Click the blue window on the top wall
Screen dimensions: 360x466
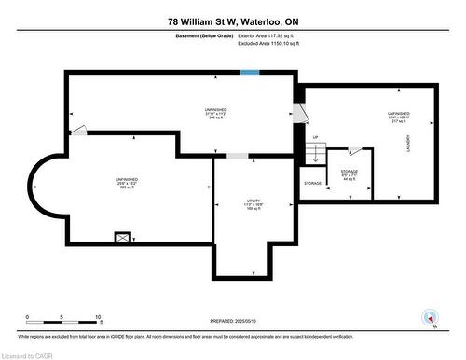(x=250, y=72)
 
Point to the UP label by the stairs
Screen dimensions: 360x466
(x=315, y=137)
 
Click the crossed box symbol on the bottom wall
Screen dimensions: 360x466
(x=122, y=238)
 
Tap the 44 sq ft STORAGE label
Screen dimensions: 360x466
(x=349, y=174)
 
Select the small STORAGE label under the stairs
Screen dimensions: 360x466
(x=313, y=183)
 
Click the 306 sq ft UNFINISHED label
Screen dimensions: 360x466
(x=216, y=114)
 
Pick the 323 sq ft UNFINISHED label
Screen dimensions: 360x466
(x=102, y=183)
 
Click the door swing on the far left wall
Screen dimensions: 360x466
(x=80, y=130)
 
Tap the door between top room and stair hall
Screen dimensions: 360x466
(x=298, y=113)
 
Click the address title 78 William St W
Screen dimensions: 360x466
(x=232, y=21)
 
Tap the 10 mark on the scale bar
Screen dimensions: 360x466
(x=96, y=317)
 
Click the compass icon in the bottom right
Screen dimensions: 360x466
(x=429, y=317)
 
